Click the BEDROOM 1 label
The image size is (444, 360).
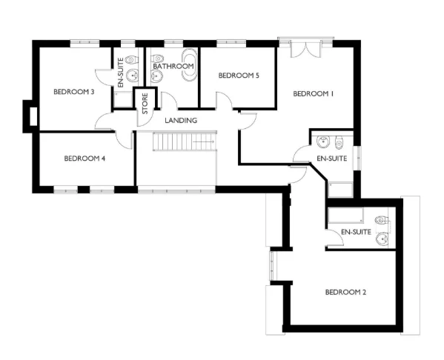click(x=314, y=93)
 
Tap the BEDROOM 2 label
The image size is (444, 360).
click(x=345, y=292)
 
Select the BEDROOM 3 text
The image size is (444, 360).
click(x=73, y=92)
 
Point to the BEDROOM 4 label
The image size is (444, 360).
click(x=85, y=158)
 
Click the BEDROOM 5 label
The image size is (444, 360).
click(x=239, y=76)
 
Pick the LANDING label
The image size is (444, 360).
click(x=181, y=120)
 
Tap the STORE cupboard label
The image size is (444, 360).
click(x=145, y=101)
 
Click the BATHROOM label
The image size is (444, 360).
click(x=173, y=66)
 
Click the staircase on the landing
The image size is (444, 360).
click(x=185, y=141)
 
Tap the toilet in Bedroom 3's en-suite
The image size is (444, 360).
click(x=131, y=59)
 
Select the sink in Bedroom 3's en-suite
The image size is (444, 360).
click(x=132, y=75)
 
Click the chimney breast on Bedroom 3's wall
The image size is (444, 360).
click(x=30, y=116)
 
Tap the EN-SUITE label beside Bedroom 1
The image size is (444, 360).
click(x=331, y=159)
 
